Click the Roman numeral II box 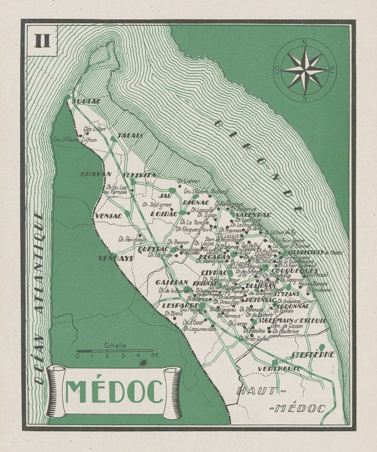pos(43,41)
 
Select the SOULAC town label pos(86,101)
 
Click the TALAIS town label pos(130,135)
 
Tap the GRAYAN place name pos(96,174)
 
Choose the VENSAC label pos(108,215)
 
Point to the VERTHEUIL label pos(279,369)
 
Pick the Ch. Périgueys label pos(132,239)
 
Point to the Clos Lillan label pos(94,129)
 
